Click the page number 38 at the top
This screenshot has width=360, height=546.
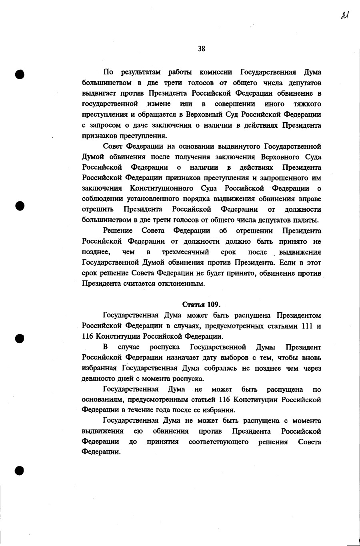point(201,49)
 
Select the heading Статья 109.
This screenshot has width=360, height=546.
point(201,304)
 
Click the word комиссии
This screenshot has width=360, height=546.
point(216,72)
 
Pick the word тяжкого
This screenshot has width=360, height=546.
point(307,104)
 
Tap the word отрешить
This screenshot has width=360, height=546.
point(98,209)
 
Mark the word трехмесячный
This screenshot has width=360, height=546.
point(185,252)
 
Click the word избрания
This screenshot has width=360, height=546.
point(219,410)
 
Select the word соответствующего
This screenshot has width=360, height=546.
point(218,442)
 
